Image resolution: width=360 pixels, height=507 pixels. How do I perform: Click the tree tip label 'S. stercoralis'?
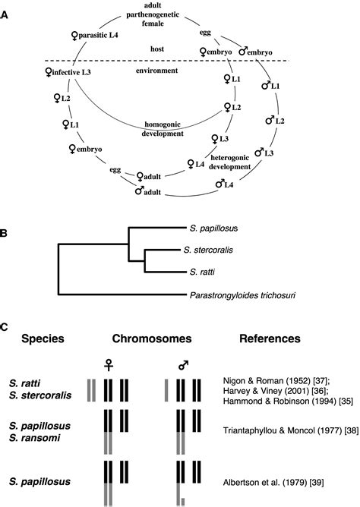[216, 250]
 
